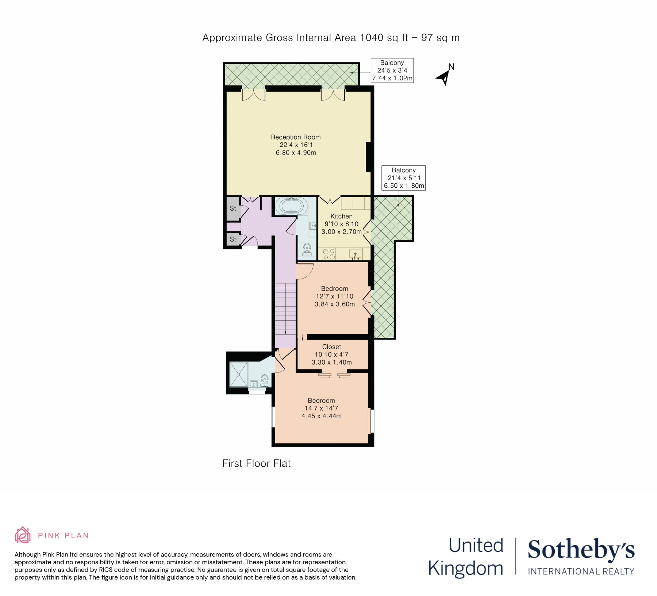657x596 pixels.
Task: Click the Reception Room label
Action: [296, 137]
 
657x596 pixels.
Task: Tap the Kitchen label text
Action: [341, 216]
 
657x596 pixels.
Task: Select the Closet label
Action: [331, 347]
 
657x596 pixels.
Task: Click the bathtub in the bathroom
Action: [291, 206]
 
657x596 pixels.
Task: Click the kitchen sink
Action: [355, 254]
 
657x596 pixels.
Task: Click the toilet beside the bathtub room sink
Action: [307, 249]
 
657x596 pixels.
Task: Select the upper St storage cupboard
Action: [233, 209]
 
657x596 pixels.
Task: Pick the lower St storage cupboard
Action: [233, 240]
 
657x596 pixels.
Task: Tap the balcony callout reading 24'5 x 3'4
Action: [392, 70]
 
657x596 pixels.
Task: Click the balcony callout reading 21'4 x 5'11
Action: [404, 178]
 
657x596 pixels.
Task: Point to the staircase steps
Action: [285, 309]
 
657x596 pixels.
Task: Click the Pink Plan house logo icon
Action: [23, 535]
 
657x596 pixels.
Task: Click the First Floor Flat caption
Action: [256, 463]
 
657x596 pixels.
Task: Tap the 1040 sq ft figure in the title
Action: [384, 38]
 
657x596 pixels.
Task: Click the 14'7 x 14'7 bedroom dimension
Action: [321, 408]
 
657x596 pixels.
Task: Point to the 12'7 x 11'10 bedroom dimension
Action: [334, 297]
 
